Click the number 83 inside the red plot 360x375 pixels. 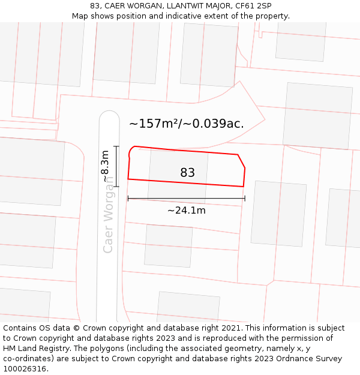tap(187, 173)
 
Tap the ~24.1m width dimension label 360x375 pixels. tap(186, 211)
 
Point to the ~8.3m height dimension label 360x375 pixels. tap(106, 166)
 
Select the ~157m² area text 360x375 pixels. tap(154, 124)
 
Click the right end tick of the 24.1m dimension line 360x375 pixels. tap(245, 199)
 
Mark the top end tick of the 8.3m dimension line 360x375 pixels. tap(116, 146)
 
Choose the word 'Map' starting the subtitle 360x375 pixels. tap(80, 16)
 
